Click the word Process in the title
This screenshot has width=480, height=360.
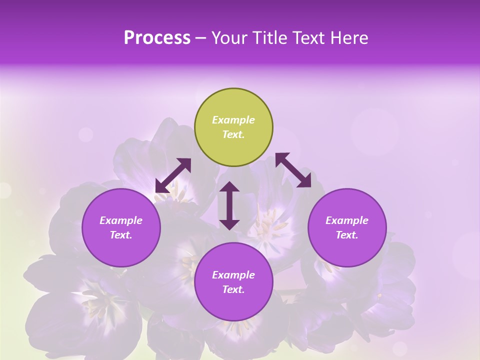157,38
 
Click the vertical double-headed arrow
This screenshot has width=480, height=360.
229,205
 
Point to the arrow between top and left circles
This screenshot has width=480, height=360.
173,175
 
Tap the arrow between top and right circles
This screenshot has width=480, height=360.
293,170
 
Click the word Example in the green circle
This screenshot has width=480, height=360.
233,120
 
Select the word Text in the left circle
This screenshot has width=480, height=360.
121,235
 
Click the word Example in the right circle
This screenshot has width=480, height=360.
347,220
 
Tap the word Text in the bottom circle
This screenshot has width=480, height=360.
233,289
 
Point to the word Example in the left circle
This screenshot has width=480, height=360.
121,220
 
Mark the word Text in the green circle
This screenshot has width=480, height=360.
233,134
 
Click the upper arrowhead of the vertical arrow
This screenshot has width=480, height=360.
229,188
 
